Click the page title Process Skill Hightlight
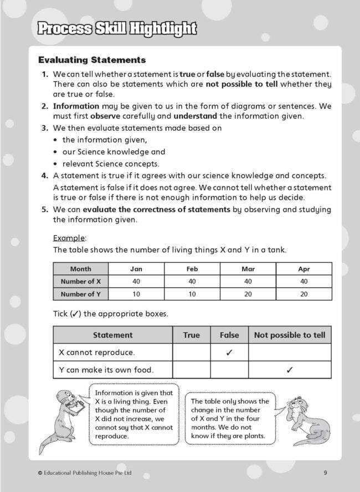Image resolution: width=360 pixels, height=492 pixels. (117, 28)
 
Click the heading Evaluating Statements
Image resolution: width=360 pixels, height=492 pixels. (92, 60)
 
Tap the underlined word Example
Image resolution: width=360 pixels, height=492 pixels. (69, 238)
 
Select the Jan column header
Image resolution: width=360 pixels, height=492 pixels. (136, 269)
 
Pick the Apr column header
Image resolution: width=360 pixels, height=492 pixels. (304, 269)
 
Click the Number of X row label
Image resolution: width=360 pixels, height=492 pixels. (81, 282)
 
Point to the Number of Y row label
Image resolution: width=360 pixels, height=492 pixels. (81, 294)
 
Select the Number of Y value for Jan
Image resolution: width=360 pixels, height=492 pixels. (136, 294)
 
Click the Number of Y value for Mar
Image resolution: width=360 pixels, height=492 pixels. (248, 294)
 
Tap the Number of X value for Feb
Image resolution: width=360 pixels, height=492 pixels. (192, 282)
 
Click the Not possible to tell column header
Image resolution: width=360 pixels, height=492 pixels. (290, 335)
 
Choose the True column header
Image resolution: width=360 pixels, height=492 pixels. (192, 335)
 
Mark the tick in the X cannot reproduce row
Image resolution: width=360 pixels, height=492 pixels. (229, 353)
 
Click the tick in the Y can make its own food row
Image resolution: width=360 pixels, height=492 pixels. (290, 370)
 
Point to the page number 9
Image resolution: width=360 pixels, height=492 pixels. (325, 473)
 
